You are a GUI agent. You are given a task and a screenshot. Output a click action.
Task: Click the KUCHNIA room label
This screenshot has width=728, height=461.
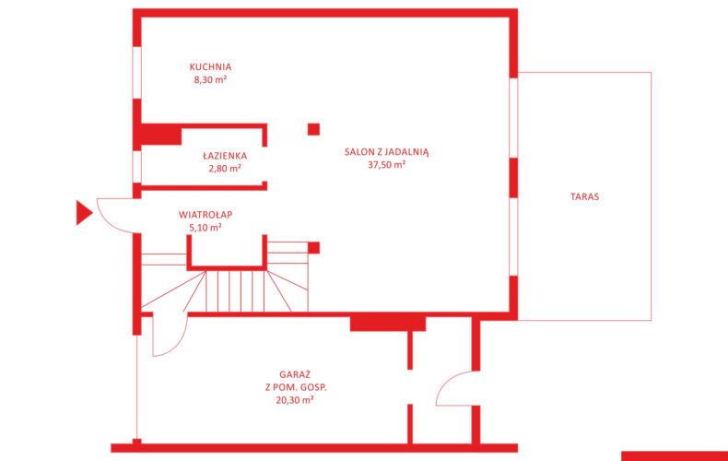[210, 67]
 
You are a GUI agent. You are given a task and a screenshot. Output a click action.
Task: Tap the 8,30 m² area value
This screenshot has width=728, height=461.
[210, 79]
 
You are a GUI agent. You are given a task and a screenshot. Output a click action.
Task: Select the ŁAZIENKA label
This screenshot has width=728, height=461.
[225, 155]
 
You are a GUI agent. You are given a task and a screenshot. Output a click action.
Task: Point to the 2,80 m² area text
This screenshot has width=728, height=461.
[225, 168]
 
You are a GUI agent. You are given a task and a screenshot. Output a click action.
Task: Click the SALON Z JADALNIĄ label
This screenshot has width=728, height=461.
[387, 152]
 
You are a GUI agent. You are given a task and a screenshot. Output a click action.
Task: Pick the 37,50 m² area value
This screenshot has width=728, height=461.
[387, 164]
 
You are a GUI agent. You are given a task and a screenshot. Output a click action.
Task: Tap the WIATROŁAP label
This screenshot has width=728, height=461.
[205, 215]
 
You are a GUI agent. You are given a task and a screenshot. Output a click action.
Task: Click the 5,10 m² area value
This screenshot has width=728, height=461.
[205, 228]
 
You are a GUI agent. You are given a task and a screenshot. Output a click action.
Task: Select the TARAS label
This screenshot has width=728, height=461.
[584, 196]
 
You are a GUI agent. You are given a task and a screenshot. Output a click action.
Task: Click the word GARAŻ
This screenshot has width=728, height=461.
[295, 374]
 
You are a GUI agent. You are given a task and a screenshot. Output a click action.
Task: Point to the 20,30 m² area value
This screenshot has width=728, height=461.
[295, 400]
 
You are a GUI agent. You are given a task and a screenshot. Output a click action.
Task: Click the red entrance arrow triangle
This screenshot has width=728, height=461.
[84, 213]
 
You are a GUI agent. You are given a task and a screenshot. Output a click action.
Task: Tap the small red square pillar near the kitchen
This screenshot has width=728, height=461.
[314, 129]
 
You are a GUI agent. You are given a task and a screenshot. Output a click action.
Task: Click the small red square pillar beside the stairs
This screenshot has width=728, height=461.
[314, 248]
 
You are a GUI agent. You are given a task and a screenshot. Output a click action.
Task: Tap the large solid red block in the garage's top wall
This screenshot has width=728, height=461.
[388, 324]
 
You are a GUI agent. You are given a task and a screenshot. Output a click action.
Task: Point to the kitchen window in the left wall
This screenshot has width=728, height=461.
[137, 73]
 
